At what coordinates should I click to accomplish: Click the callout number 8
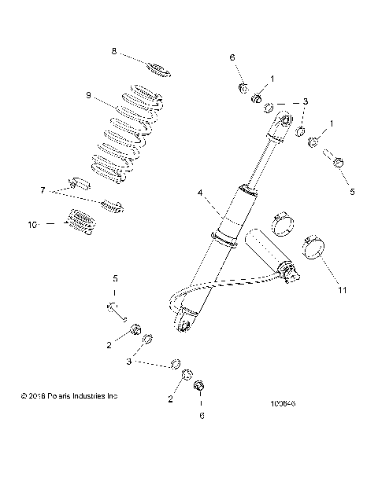114,51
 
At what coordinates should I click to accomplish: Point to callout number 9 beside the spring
89,95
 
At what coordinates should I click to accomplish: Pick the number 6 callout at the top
232,57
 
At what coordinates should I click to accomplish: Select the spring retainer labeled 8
157,68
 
